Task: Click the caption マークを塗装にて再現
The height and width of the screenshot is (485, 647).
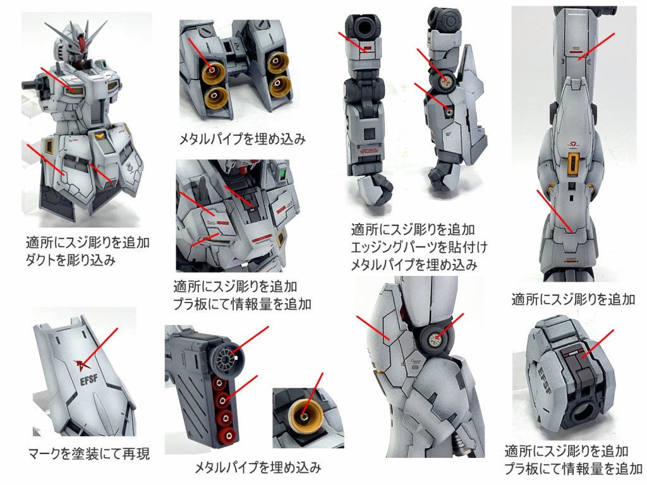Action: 89,453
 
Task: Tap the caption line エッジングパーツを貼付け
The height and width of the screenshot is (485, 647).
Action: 419,246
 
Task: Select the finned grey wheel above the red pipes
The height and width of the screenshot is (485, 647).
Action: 224,357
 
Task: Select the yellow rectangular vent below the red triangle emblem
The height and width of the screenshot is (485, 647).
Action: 573,163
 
